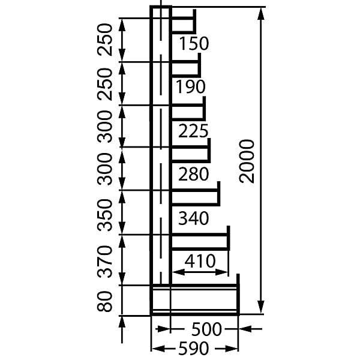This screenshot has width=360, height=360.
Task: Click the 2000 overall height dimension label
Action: [x=247, y=161]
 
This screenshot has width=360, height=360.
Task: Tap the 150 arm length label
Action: [x=194, y=44]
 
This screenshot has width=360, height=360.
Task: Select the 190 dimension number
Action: [x=191, y=86]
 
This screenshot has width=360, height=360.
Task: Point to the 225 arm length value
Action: [x=193, y=131]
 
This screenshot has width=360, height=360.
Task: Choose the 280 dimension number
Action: [x=194, y=174]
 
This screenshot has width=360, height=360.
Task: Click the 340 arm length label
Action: [x=194, y=218]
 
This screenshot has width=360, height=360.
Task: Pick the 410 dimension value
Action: [x=200, y=261]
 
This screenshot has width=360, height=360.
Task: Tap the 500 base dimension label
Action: [x=206, y=329]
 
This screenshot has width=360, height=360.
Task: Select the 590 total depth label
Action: [x=194, y=348]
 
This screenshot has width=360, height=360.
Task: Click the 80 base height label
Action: [x=104, y=301]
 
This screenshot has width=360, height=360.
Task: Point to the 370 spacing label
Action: [x=104, y=262]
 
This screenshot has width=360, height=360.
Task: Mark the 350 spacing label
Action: [x=104, y=215]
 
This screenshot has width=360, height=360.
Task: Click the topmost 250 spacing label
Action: [x=104, y=40]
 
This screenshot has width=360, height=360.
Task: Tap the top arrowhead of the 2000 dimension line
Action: [x=260, y=13]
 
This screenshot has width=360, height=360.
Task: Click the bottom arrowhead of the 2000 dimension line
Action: [x=260, y=307]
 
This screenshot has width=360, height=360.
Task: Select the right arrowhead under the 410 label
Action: [x=222, y=272]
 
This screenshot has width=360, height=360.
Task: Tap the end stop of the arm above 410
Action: [x=229, y=238]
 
